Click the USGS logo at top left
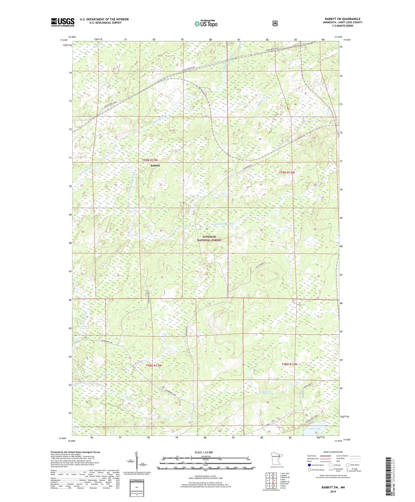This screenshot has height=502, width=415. click(x=63, y=22)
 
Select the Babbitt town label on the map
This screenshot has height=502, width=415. click(x=155, y=166)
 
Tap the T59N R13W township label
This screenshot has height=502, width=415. click(x=150, y=160)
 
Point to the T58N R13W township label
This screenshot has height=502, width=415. click(x=154, y=365)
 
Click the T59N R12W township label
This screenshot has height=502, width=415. click(x=287, y=173)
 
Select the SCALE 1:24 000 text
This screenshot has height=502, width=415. click(x=204, y=453)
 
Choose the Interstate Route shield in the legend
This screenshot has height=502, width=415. click(x=309, y=465)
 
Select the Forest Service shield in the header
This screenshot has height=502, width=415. click(x=275, y=23)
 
